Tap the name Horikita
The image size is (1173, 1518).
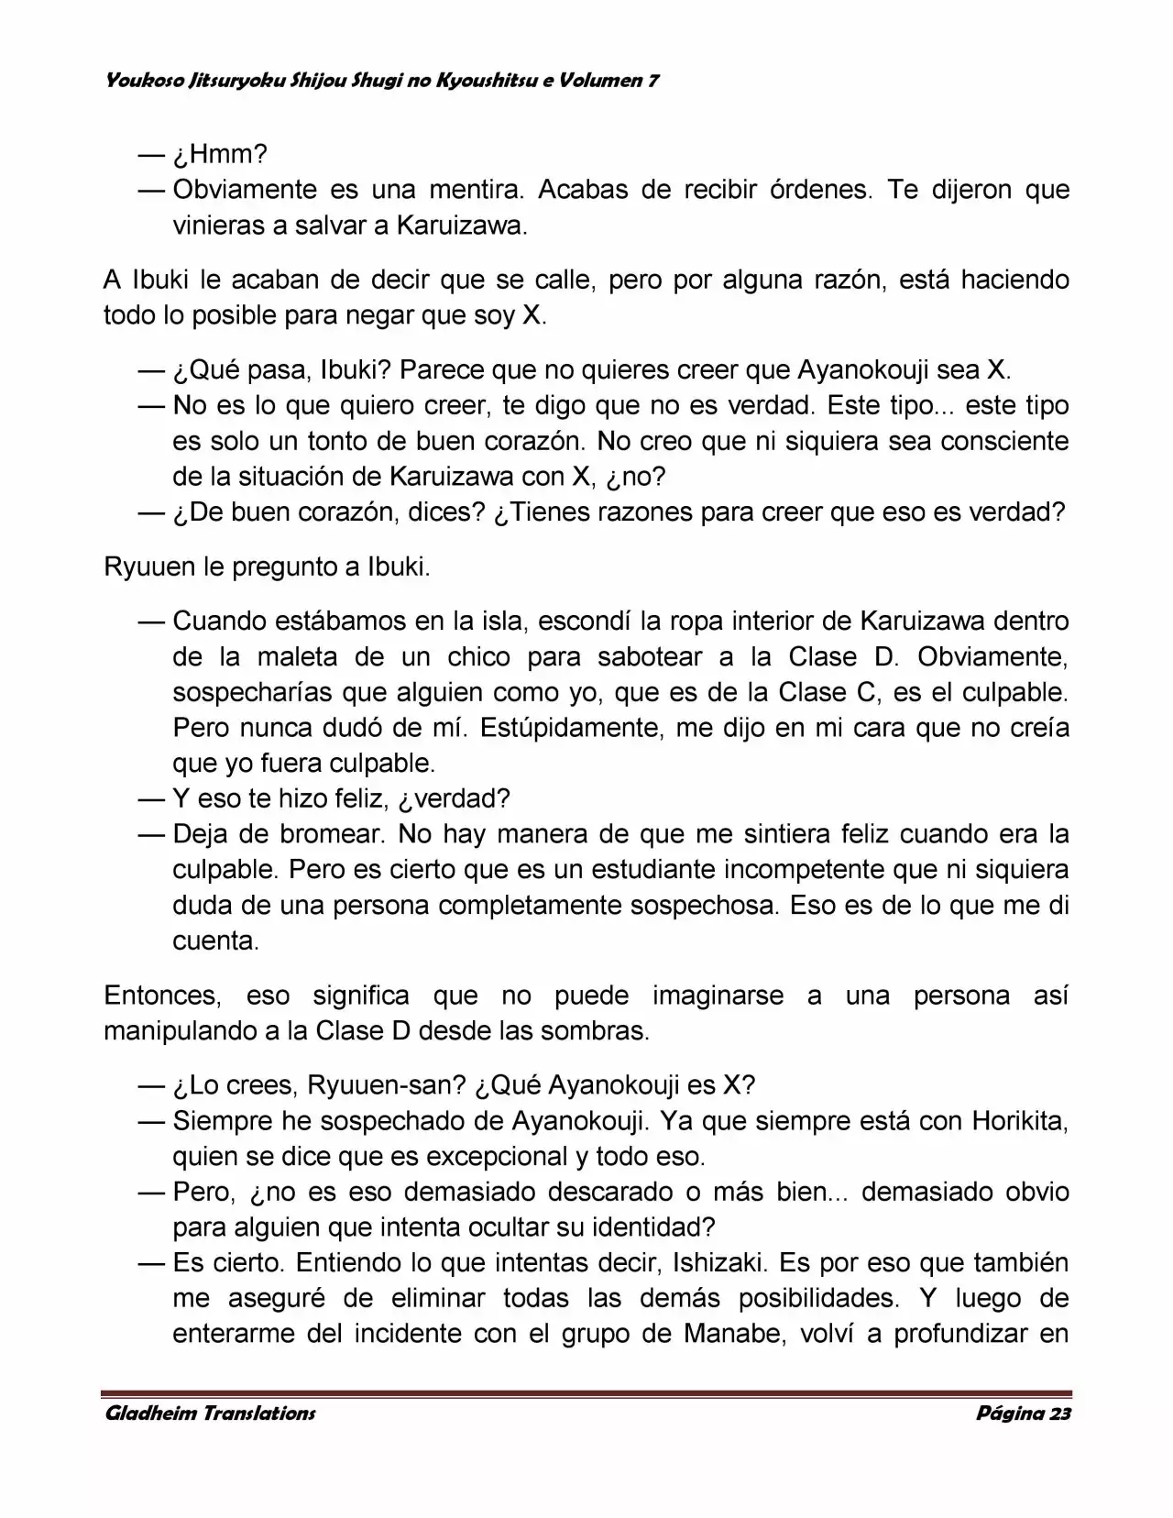pyautogui.click(x=1019, y=1121)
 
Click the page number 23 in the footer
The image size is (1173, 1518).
pyautogui.click(x=1059, y=1413)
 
